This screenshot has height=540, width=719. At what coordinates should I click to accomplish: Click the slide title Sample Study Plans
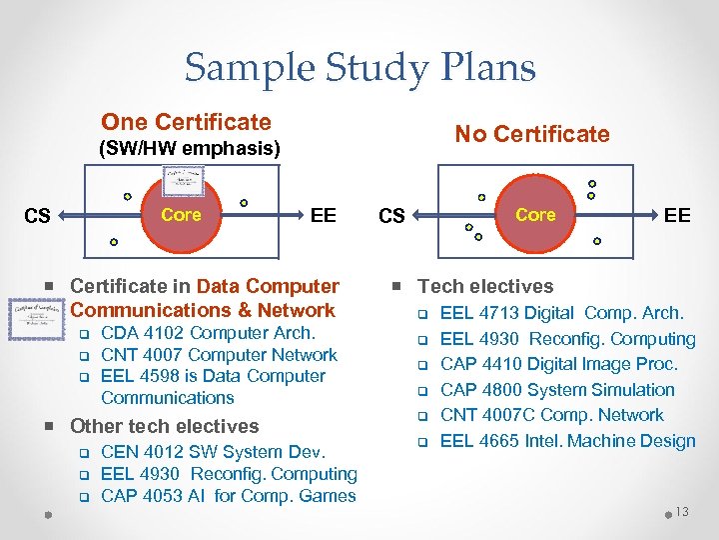[x=359, y=68]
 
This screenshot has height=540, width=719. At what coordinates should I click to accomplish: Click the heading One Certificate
[x=186, y=122]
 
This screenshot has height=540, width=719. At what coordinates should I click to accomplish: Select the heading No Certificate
[x=531, y=134]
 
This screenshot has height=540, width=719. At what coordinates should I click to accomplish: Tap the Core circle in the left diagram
[x=181, y=215]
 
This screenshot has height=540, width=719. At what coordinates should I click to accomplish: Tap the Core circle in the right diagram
[x=535, y=215]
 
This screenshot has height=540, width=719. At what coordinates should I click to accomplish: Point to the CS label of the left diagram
[x=37, y=216]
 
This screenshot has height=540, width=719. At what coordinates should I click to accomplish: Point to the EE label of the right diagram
[x=677, y=215]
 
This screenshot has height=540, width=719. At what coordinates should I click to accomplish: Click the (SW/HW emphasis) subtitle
[x=188, y=149]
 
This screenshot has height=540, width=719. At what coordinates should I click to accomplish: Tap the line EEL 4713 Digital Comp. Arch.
[x=561, y=313]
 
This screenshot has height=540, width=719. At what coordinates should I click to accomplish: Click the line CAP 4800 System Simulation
[x=557, y=390]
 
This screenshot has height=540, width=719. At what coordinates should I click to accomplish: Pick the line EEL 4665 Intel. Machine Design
[x=567, y=441]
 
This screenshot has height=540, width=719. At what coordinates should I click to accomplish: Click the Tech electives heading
[x=484, y=286]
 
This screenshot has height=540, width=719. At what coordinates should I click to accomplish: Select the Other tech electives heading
[x=164, y=426]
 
